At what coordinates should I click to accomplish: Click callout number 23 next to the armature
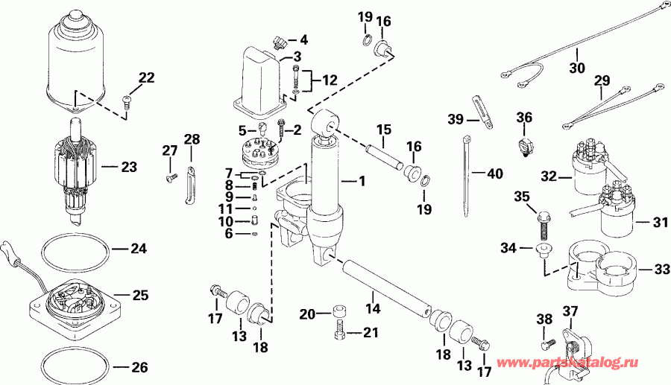click(x=130, y=168)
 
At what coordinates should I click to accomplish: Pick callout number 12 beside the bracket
click(x=329, y=79)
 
